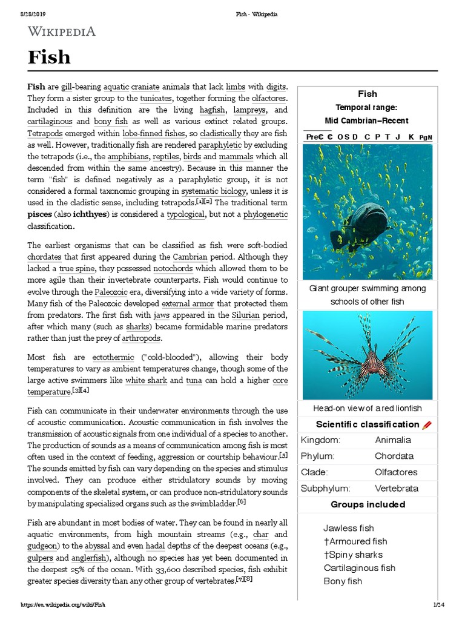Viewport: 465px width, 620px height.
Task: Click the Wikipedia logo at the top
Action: point(61,31)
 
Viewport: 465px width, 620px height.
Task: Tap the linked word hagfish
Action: point(212,110)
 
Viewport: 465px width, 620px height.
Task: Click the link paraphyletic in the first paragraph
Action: point(220,145)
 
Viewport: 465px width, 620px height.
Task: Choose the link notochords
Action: point(174,268)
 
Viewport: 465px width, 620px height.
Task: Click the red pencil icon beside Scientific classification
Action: point(427,424)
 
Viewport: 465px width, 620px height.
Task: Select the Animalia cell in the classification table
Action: point(392,440)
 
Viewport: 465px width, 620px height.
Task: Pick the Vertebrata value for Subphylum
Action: point(396,488)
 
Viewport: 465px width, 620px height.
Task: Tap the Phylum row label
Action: point(318,456)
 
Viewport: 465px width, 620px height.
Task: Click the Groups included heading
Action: point(368,504)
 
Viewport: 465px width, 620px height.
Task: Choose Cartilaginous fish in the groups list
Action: point(359,568)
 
